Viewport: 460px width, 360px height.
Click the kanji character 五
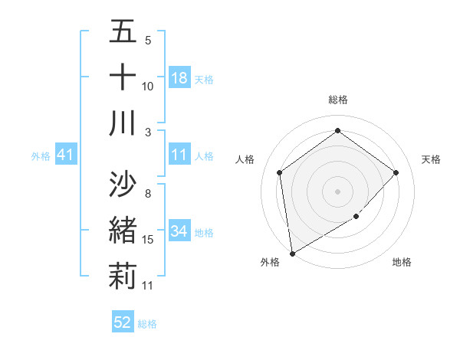tap(123, 31)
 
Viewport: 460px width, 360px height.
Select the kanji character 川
tap(123, 123)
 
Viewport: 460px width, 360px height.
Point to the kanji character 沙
tap(123, 184)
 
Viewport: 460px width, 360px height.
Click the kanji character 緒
tap(123, 230)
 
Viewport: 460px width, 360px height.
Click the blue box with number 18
tap(179, 77)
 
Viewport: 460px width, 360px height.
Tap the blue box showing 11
tap(179, 155)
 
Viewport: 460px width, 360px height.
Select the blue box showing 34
tap(179, 231)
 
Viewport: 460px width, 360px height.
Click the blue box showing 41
tap(66, 155)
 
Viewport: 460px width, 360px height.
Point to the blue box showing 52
tap(123, 322)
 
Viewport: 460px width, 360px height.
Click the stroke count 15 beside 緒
tap(148, 240)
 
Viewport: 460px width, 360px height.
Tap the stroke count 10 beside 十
tap(148, 86)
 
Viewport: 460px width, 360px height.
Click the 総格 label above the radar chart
tap(338, 100)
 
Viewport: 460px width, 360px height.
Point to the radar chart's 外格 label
tap(270, 262)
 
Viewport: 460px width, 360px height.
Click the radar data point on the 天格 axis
tap(396, 172)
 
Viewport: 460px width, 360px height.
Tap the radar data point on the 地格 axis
tap(356, 218)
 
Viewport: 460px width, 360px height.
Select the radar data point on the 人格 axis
tap(280, 172)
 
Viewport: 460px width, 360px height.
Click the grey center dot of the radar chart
tap(338, 191)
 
